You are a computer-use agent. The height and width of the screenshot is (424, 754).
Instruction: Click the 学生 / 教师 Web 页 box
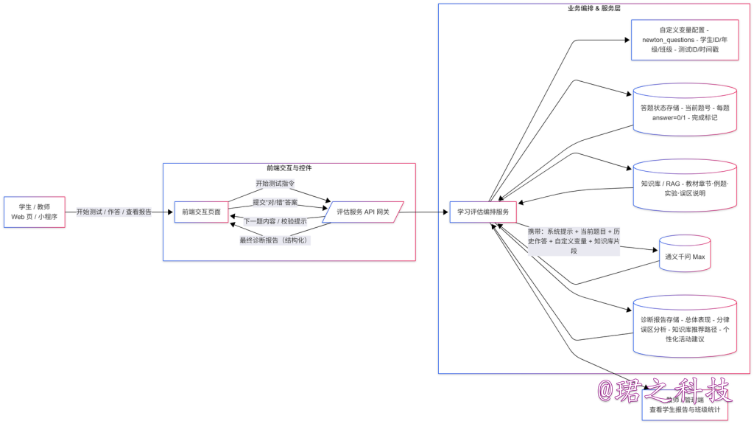(34, 212)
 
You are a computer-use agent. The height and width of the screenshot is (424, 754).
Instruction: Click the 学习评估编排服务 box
(483, 212)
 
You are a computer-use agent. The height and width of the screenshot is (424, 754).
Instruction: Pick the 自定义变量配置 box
(685, 40)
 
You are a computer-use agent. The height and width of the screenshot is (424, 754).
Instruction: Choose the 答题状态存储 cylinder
(685, 112)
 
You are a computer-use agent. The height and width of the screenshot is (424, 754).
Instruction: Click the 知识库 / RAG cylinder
(685, 184)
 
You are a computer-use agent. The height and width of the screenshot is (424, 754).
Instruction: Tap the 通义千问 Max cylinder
(685, 256)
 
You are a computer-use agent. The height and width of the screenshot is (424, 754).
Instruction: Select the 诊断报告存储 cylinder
(685, 329)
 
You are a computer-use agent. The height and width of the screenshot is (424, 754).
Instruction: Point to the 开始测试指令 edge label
(275, 184)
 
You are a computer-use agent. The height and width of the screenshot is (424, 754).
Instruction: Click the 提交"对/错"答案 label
(275, 202)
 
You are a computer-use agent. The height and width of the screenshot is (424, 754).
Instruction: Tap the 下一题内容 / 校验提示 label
(275, 221)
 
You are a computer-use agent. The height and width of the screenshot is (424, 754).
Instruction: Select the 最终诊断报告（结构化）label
(275, 240)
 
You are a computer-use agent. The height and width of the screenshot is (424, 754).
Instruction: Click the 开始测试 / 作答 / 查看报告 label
(114, 212)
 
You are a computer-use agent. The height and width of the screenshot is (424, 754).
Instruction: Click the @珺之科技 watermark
(663, 389)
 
